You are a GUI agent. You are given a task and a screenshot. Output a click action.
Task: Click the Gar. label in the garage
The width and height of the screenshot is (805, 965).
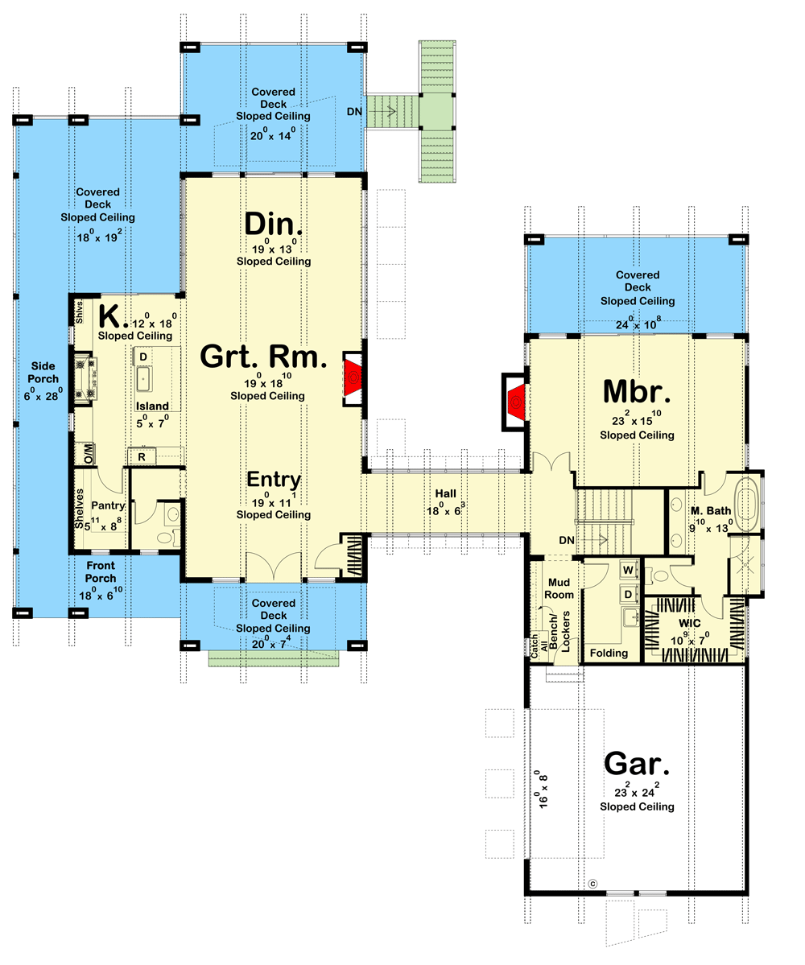coord(636,763)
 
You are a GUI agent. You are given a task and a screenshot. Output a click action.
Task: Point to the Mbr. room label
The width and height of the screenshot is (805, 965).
coord(636,394)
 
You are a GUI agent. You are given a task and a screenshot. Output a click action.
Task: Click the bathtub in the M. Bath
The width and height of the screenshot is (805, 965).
coord(748,504)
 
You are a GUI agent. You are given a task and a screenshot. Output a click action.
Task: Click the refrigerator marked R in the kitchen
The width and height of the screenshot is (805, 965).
coord(142,457)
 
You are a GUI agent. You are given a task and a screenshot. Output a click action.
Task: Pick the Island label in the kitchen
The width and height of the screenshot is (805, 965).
coord(151,406)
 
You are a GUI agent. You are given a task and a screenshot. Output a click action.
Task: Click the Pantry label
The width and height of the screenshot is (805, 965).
coord(107,506)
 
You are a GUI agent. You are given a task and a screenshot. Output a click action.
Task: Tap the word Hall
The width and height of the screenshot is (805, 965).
coord(445,492)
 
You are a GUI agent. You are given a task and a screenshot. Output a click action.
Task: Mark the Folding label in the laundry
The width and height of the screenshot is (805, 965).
coord(609,653)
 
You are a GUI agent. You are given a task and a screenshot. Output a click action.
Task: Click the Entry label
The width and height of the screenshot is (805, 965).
coord(273,480)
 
